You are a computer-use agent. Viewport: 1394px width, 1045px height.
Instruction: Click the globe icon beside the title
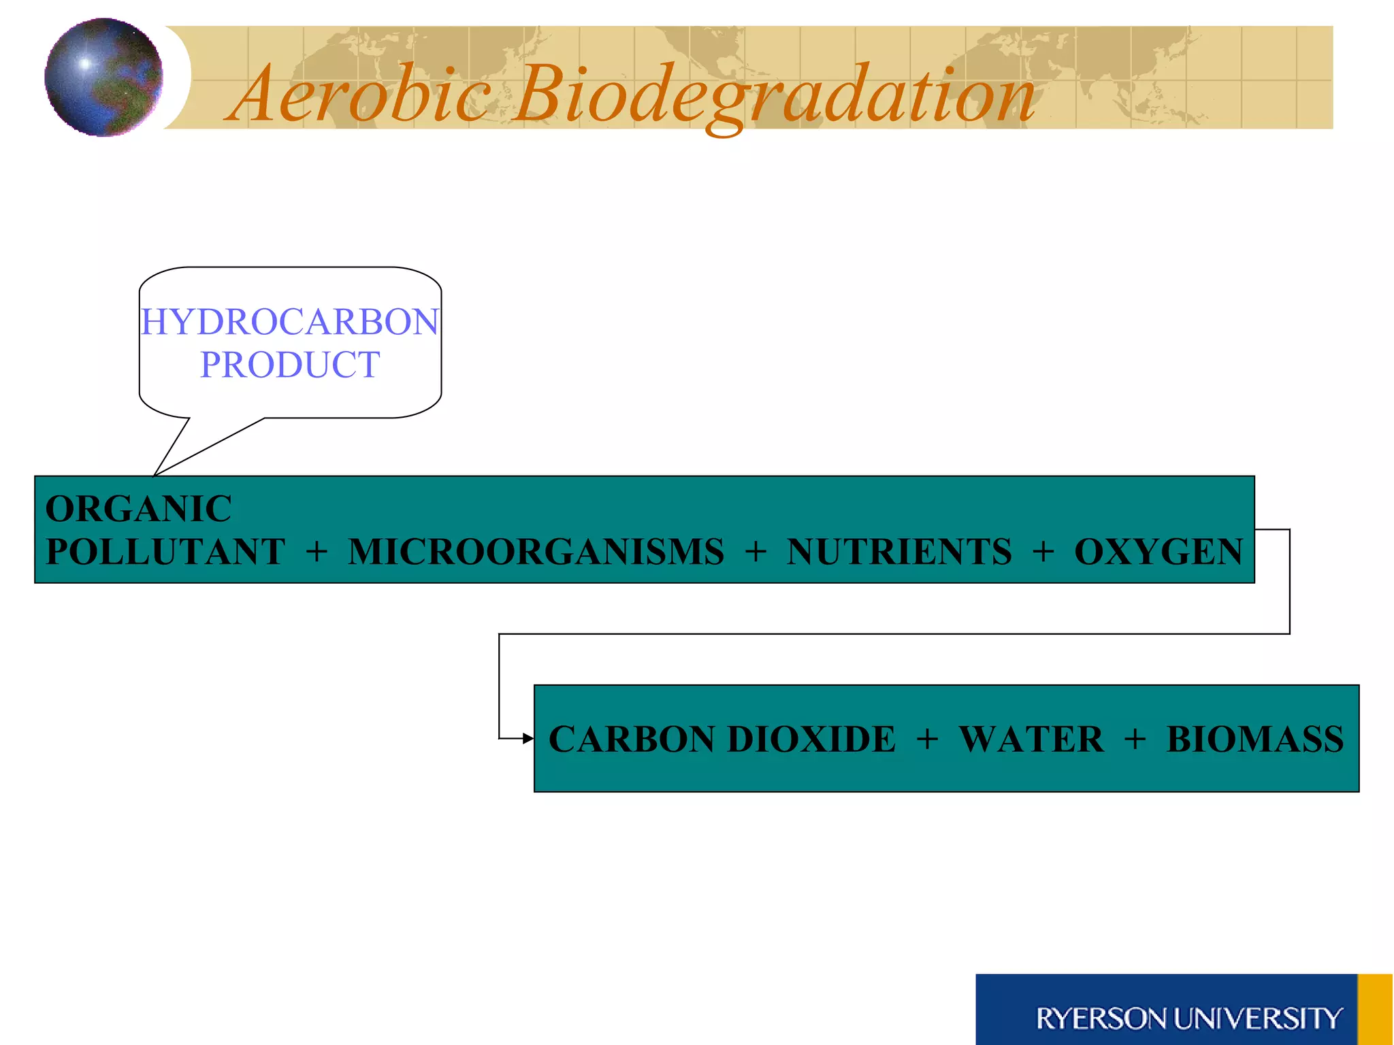point(103,78)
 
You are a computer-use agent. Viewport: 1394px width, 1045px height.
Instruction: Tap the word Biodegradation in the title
point(773,95)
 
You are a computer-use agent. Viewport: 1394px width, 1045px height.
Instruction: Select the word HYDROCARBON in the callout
point(290,322)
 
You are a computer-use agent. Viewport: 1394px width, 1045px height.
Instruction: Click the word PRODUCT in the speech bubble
point(290,365)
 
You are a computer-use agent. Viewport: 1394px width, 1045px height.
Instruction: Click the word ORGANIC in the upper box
point(139,509)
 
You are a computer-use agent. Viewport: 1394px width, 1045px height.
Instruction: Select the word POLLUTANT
point(165,551)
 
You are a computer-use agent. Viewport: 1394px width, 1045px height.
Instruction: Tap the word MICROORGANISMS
point(536,551)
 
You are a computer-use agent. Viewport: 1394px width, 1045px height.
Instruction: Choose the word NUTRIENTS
point(899,551)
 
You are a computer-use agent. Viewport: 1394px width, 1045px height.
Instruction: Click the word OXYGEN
point(1158,551)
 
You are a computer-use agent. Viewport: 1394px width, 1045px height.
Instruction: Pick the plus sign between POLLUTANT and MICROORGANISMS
point(317,552)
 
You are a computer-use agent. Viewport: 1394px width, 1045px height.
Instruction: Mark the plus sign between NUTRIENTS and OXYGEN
point(1043,552)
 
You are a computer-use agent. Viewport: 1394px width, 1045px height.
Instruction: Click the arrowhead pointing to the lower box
point(528,738)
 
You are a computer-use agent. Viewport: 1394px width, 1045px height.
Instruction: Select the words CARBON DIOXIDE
point(722,739)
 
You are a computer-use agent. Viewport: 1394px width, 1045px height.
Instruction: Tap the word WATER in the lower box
point(1031,739)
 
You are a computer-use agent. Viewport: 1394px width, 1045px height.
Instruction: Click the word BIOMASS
point(1254,739)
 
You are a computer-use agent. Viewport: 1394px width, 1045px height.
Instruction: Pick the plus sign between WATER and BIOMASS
point(1135,740)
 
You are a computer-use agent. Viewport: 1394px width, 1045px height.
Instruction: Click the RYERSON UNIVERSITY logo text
point(1188,1018)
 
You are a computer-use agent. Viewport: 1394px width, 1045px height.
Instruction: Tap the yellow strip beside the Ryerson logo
point(1374,1010)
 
